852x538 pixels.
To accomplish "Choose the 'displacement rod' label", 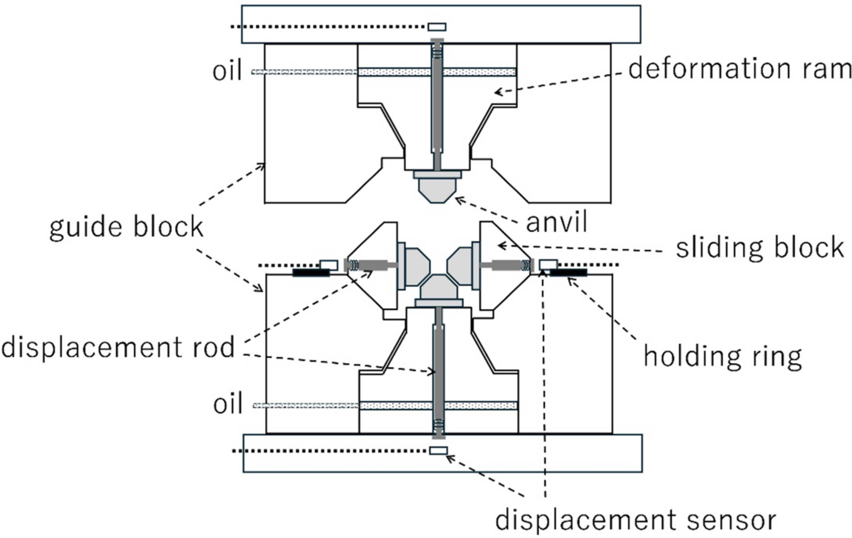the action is pos(118,347).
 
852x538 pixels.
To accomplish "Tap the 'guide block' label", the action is pos(126,227).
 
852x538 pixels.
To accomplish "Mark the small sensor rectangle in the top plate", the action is pos(437,27).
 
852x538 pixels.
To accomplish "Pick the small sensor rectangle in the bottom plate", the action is pos(439,451).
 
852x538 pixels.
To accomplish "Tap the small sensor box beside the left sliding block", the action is pos(329,265).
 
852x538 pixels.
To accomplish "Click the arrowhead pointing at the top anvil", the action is pos(458,200).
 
